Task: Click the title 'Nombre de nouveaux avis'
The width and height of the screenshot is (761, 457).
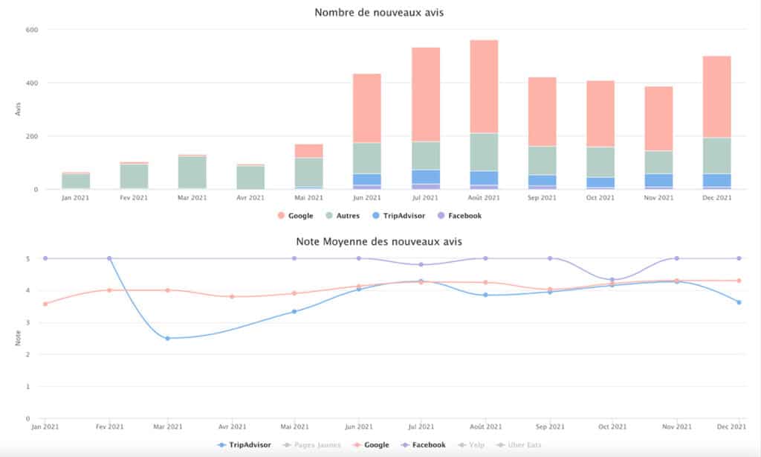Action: click(x=380, y=12)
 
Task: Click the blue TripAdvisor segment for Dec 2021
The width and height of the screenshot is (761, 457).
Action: click(x=717, y=180)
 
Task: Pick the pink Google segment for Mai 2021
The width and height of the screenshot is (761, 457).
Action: click(x=308, y=150)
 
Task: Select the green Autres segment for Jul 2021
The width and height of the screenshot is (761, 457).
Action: click(x=426, y=156)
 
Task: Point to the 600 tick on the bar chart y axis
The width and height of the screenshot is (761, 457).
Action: click(x=32, y=30)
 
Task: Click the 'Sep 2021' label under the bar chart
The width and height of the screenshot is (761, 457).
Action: click(x=543, y=198)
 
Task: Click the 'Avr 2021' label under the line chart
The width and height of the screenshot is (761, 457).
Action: click(x=232, y=426)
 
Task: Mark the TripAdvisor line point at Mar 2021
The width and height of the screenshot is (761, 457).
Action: click(x=167, y=338)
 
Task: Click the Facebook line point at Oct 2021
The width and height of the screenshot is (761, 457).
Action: click(x=612, y=280)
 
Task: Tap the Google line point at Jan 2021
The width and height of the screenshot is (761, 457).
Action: click(x=45, y=304)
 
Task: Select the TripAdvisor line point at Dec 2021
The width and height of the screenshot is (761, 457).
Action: click(x=739, y=302)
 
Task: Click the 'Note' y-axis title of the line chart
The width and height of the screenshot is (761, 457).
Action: click(x=19, y=339)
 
